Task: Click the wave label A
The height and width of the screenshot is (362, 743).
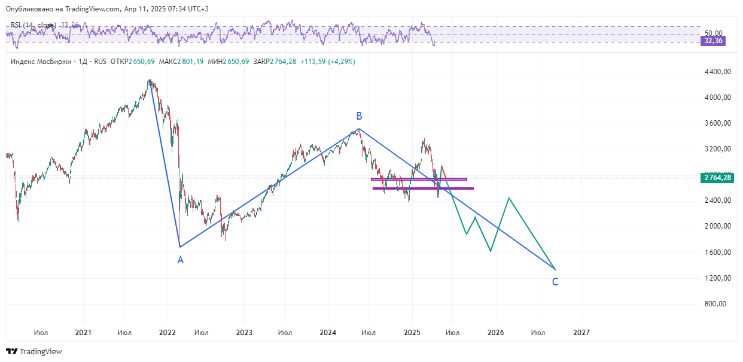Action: (x=180, y=260)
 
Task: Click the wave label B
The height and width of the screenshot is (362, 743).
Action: (x=359, y=116)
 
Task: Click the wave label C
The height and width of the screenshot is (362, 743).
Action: (x=555, y=282)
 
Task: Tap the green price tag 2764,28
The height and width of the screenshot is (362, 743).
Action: (x=717, y=178)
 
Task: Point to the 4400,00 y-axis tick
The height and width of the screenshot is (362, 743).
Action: (x=718, y=72)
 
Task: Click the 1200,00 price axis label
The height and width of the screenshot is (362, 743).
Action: (x=718, y=278)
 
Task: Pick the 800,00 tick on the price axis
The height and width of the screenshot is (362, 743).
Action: (x=720, y=304)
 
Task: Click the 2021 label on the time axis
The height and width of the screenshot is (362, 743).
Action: (x=83, y=332)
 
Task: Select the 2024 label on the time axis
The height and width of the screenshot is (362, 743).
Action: (x=327, y=332)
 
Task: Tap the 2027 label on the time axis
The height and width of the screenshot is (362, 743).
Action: (x=581, y=332)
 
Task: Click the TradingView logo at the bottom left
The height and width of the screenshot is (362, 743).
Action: (x=34, y=352)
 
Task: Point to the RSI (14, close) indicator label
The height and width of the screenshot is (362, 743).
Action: (x=33, y=25)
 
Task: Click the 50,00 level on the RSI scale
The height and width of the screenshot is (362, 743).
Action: (x=713, y=34)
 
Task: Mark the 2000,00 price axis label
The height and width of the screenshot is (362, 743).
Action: (x=718, y=226)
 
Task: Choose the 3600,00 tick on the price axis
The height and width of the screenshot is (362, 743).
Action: (x=718, y=123)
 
